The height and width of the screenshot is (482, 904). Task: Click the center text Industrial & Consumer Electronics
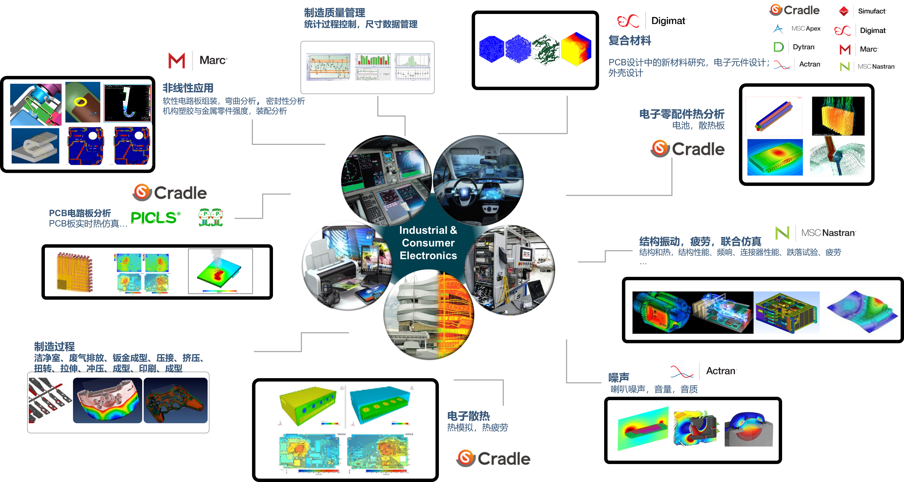(428, 243)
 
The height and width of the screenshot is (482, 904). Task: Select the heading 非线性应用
(188, 88)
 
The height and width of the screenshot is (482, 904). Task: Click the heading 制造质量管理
(334, 13)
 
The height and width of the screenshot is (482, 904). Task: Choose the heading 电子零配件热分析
(682, 114)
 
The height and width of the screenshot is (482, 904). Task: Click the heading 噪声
(619, 378)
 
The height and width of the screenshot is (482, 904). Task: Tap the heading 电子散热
(468, 416)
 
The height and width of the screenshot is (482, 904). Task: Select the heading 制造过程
(54, 347)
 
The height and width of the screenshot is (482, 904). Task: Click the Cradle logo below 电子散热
(495, 456)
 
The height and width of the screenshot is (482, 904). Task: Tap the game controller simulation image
(175, 401)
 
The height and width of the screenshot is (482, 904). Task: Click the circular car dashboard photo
(478, 179)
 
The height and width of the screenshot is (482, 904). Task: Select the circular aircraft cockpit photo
(386, 180)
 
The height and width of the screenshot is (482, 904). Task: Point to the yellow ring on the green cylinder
(81, 102)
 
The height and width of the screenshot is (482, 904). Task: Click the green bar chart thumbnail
(373, 67)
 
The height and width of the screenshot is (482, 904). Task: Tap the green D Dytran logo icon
(778, 47)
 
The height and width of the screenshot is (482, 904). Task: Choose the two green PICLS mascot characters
(211, 217)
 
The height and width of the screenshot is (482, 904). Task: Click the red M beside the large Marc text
(176, 60)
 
